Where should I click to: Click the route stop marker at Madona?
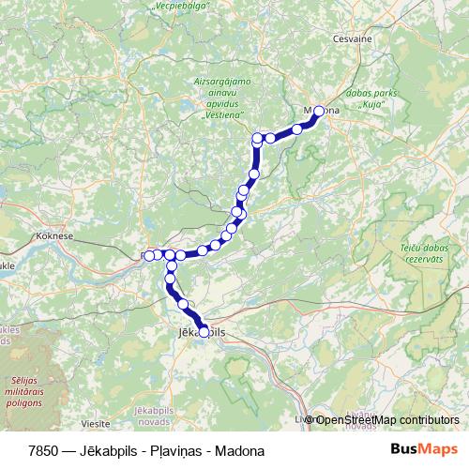pyautogui.click(x=318, y=111)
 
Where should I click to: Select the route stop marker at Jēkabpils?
pyautogui.click(x=204, y=331)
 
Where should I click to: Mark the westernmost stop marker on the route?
pyautogui.click(x=149, y=255)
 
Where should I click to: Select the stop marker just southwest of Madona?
pyautogui.click(x=297, y=129)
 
